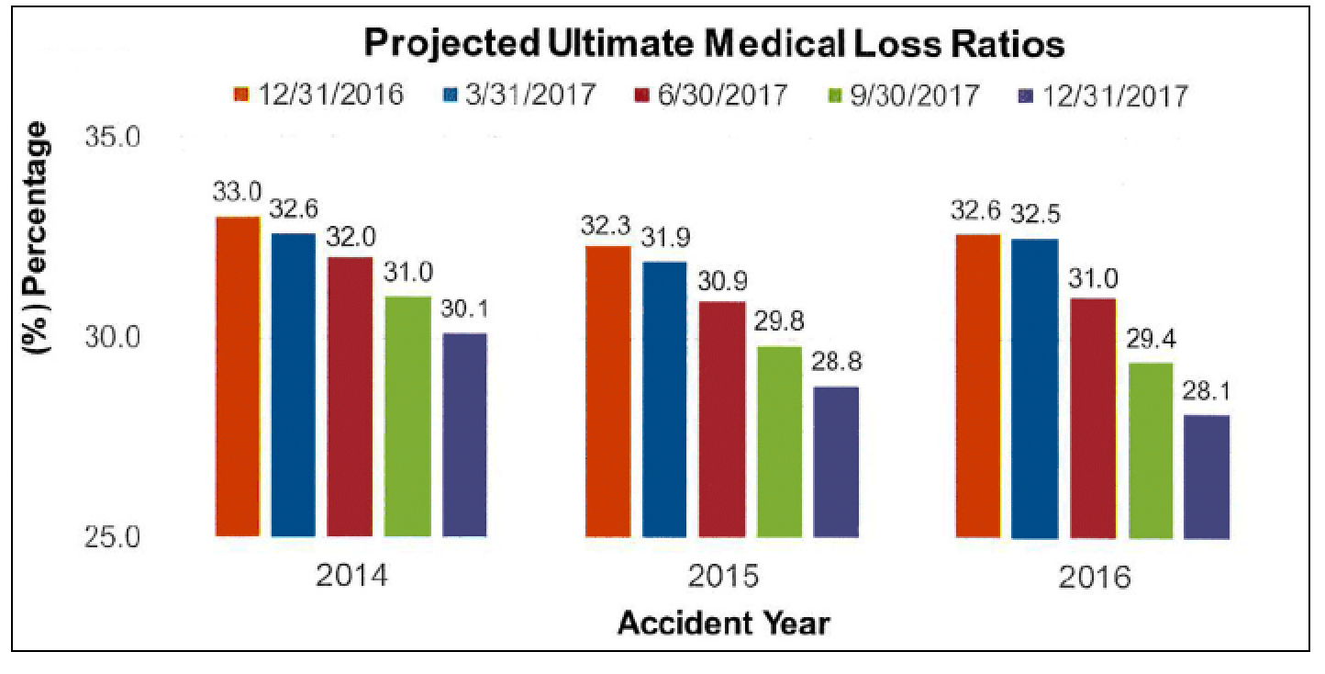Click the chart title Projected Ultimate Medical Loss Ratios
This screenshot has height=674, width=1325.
coord(714,43)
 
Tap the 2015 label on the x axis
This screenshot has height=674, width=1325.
coord(723,579)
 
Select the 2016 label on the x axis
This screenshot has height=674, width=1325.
coord(1094,579)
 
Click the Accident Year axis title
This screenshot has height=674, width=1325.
coord(723,624)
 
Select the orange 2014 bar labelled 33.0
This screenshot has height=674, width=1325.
coord(237,376)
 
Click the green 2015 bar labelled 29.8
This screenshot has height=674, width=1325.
coord(779,442)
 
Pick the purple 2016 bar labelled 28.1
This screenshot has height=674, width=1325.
coord(1207,477)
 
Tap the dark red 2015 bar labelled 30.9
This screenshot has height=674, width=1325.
coord(722,419)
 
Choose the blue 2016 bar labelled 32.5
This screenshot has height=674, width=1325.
coord(1035,388)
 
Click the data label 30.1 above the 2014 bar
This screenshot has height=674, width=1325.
coord(465,312)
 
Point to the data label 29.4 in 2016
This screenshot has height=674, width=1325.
coord(1151,342)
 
